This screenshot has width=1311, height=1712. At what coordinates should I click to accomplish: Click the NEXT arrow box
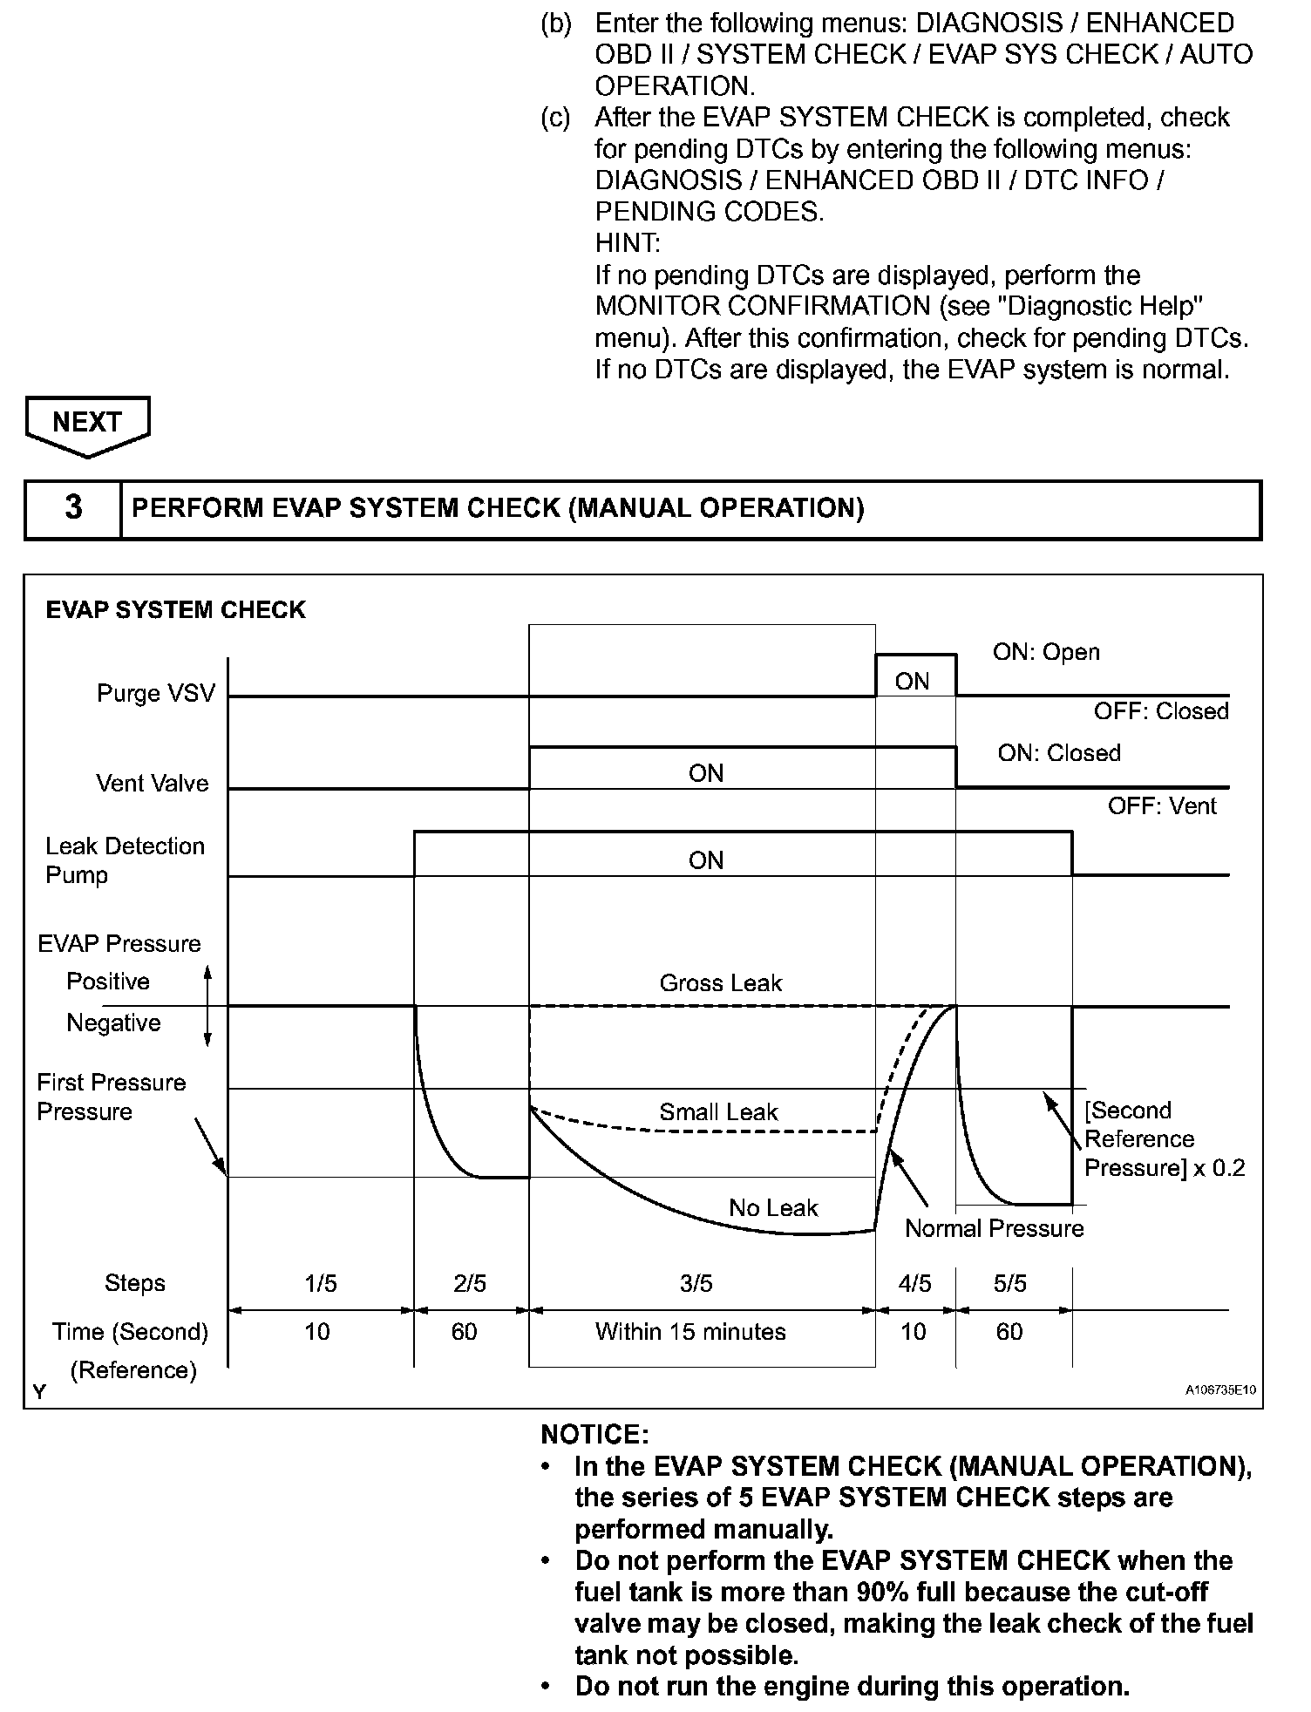pyautogui.click(x=87, y=424)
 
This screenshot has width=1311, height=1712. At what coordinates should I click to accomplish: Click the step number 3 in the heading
pyautogui.click(x=74, y=508)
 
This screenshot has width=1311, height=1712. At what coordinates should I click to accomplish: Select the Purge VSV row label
pyautogui.click(x=155, y=694)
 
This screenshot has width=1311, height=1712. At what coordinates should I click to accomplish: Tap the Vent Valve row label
pyautogui.click(x=153, y=784)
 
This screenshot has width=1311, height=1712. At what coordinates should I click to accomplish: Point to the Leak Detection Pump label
pyautogui.click(x=124, y=860)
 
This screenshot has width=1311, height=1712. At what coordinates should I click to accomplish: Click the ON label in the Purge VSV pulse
pyautogui.click(x=913, y=682)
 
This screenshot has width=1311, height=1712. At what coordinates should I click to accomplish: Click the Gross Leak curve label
pyautogui.click(x=720, y=983)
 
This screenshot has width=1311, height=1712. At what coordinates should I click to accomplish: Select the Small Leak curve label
pyautogui.click(x=718, y=1112)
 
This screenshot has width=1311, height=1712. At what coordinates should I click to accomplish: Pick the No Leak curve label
pyautogui.click(x=773, y=1208)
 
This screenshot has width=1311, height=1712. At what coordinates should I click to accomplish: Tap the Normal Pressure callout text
pyautogui.click(x=994, y=1229)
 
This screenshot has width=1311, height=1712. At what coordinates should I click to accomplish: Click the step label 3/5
pyautogui.click(x=696, y=1283)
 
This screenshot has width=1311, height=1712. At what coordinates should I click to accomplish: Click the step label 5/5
pyautogui.click(x=1010, y=1283)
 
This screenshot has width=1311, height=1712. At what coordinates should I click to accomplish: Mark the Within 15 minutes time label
pyautogui.click(x=690, y=1332)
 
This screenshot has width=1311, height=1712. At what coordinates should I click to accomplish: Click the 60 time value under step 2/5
pyautogui.click(x=464, y=1332)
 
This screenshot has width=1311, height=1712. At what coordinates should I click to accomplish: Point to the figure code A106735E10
pyautogui.click(x=1220, y=1390)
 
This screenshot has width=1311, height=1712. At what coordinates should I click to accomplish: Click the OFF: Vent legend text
pyautogui.click(x=1161, y=806)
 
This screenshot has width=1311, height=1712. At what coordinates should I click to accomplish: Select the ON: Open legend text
pyautogui.click(x=1046, y=653)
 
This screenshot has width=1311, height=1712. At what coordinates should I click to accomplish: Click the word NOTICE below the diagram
pyautogui.click(x=594, y=1435)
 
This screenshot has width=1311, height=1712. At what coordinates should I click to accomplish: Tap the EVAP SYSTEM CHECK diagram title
pyautogui.click(x=175, y=610)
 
